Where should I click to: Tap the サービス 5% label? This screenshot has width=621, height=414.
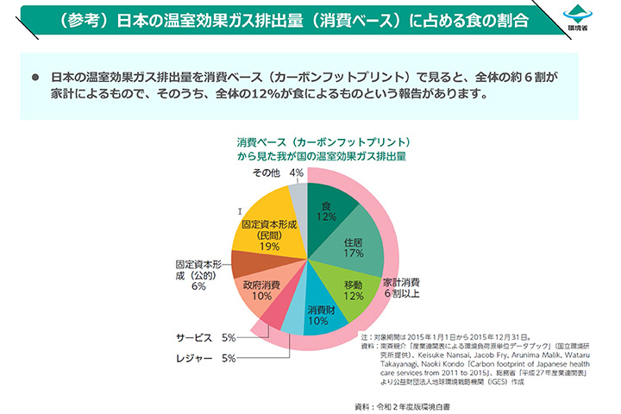205,337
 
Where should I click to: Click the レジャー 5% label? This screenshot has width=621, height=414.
205,357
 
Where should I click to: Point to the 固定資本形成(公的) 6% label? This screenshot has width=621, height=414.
198,274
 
